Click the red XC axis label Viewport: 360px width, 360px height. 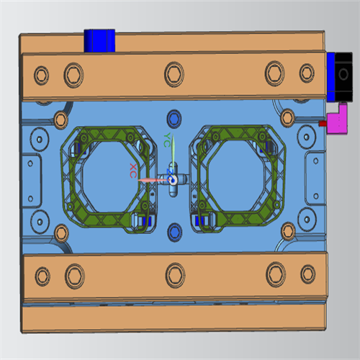(x=133, y=171)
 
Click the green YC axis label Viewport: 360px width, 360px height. (x=167, y=140)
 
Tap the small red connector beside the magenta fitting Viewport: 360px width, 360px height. (x=323, y=123)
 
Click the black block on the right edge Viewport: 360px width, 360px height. (x=343, y=76)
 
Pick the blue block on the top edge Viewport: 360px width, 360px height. (x=99, y=40)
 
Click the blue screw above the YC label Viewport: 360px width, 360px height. (x=174, y=119)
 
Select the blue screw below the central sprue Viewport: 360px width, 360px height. (x=174, y=233)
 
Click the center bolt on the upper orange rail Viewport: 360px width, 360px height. (x=174, y=74)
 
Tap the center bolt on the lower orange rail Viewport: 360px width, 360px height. (x=175, y=275)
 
